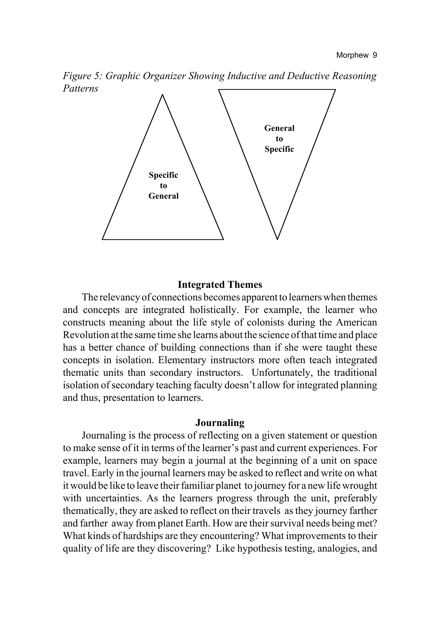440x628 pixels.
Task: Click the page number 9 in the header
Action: [x=374, y=55]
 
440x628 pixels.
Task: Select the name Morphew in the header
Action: [x=352, y=55]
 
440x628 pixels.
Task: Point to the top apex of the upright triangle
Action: [x=162, y=95]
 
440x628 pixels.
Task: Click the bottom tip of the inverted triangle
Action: [x=277, y=239]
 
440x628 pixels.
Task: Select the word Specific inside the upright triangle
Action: [x=163, y=175]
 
